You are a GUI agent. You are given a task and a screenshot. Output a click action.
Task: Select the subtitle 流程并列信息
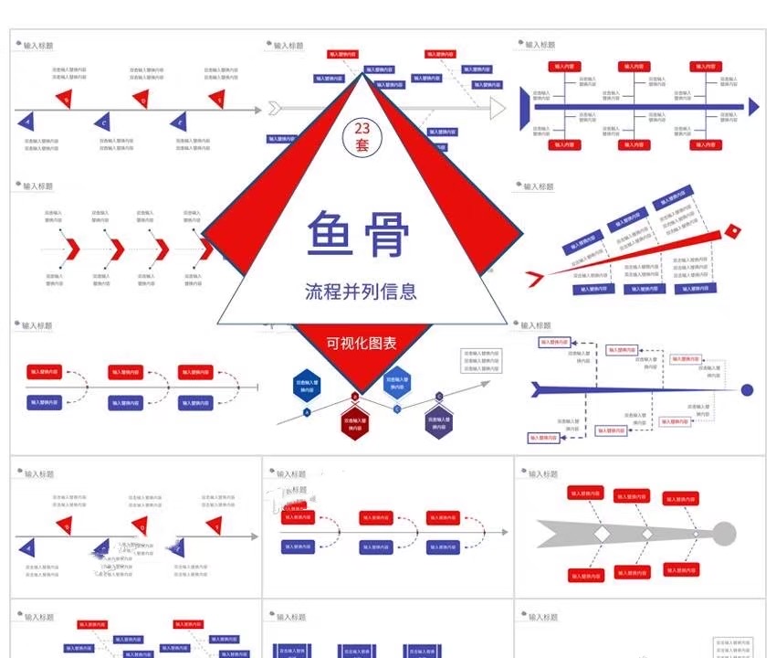(x=362, y=292)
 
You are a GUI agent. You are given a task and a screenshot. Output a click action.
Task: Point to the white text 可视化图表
(x=362, y=344)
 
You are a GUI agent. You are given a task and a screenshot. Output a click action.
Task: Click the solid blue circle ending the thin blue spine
(x=747, y=390)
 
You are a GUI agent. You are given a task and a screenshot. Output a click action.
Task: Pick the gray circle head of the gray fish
(x=723, y=532)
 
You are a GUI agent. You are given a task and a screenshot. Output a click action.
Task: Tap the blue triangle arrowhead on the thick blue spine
(x=753, y=107)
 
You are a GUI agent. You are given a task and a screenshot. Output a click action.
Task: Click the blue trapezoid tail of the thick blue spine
(x=524, y=107)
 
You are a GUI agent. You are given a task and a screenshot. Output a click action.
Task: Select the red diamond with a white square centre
(x=732, y=232)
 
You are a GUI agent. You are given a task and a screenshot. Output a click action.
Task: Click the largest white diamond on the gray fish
(x=602, y=533)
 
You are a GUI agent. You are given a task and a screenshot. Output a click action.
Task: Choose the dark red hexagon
(x=354, y=421)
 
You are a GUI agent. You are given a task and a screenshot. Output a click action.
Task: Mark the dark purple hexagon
(x=437, y=419)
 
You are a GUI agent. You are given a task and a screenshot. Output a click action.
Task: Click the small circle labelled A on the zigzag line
(x=307, y=412)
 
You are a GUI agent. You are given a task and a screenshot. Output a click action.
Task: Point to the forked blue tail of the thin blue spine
(x=540, y=390)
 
